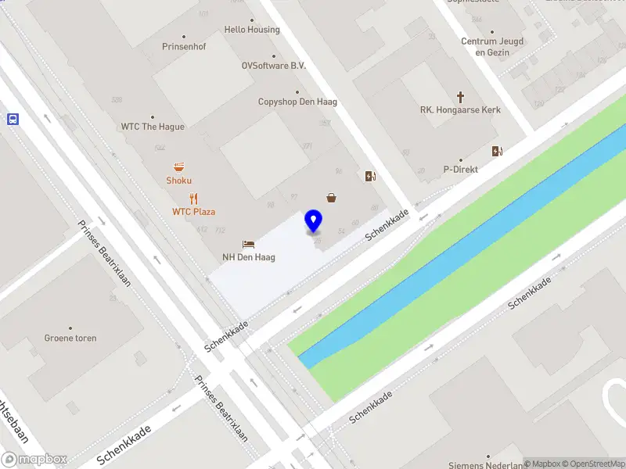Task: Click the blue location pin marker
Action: pyautogui.click(x=314, y=221)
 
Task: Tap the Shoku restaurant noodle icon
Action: pyautogui.click(x=179, y=166)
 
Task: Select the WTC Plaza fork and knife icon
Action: pyautogui.click(x=194, y=199)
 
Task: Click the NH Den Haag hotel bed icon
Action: pyautogui.click(x=248, y=244)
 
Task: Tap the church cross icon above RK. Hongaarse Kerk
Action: pyautogui.click(x=460, y=98)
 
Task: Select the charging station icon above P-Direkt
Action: pyautogui.click(x=497, y=151)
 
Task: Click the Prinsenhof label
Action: pyautogui.click(x=184, y=47)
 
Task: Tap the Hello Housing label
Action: pyautogui.click(x=251, y=30)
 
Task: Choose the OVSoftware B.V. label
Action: pyautogui.click(x=273, y=66)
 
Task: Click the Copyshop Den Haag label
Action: pyautogui.click(x=292, y=102)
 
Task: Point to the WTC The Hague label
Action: pyautogui.click(x=153, y=127)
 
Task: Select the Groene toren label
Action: pyautogui.click(x=70, y=338)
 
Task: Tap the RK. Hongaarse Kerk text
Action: pyautogui.click(x=460, y=110)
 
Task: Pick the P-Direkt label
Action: pyautogui.click(x=461, y=169)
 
